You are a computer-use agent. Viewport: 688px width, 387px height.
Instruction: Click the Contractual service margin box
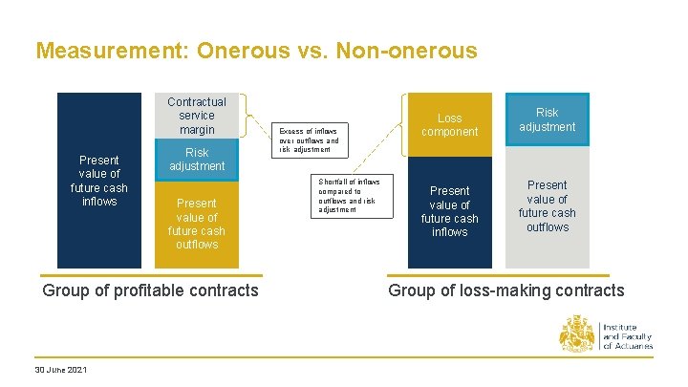(197, 115)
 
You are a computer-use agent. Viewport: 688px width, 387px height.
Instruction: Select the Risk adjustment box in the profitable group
(197, 160)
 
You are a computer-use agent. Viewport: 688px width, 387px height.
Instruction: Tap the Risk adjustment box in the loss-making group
(548, 119)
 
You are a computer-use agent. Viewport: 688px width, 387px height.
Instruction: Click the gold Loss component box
(449, 125)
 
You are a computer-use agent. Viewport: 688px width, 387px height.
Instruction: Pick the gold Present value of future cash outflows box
(197, 224)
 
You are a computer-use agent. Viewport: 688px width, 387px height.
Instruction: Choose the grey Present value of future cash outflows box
(548, 206)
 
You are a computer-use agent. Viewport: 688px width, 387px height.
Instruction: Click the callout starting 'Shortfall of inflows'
(351, 195)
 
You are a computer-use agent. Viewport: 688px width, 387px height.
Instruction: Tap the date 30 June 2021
(60, 370)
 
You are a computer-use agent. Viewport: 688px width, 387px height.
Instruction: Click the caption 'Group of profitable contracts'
(151, 290)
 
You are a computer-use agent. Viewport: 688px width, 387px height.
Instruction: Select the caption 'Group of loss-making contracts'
(505, 290)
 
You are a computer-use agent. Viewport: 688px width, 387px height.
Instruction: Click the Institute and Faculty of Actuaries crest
(577, 334)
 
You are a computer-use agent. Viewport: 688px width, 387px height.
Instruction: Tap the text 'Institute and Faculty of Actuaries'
(627, 336)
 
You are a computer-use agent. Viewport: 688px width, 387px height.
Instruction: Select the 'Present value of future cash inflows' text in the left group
(99, 181)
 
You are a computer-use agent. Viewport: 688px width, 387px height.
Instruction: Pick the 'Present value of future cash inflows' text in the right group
(449, 211)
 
